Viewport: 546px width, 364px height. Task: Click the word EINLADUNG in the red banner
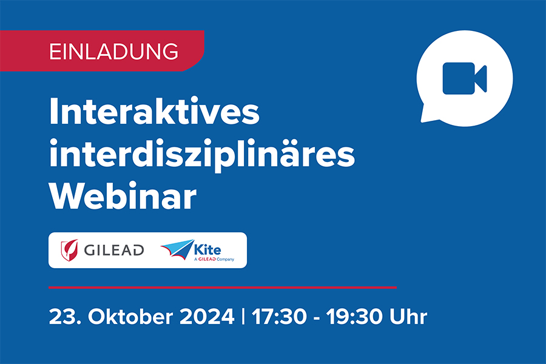(x=113, y=51)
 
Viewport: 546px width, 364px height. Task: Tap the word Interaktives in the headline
(x=154, y=113)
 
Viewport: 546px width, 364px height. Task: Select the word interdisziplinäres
(x=201, y=155)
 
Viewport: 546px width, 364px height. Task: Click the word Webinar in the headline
(x=123, y=196)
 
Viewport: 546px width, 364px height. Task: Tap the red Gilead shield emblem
(x=69, y=249)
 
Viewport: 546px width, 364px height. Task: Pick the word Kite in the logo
(x=209, y=247)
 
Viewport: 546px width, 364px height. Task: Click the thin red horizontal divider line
(x=222, y=287)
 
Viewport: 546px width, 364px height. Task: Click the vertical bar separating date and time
(x=243, y=317)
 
